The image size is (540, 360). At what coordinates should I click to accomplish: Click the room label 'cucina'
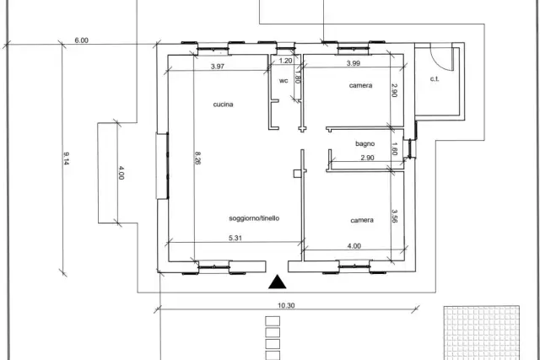click(x=223, y=105)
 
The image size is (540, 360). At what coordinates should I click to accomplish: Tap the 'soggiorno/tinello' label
click(x=254, y=218)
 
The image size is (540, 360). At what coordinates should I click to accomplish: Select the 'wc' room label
click(x=283, y=81)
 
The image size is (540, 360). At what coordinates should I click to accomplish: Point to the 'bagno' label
click(x=365, y=144)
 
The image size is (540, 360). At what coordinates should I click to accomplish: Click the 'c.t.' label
click(x=435, y=78)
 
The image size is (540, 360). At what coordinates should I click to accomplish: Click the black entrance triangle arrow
click(x=278, y=282)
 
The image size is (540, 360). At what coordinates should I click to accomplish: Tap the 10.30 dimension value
click(x=286, y=305)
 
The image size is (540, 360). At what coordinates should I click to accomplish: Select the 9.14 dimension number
click(x=67, y=159)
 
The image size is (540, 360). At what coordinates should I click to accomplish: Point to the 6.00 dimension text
click(x=82, y=40)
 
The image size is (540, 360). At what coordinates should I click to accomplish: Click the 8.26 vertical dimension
click(x=197, y=158)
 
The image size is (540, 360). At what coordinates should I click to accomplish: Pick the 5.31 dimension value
click(x=235, y=238)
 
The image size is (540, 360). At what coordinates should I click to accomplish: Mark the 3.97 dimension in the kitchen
click(x=218, y=67)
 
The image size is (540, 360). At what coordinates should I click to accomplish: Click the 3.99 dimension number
click(x=354, y=63)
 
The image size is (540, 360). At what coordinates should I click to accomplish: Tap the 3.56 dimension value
click(x=395, y=216)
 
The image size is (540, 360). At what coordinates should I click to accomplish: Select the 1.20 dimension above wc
click(x=285, y=61)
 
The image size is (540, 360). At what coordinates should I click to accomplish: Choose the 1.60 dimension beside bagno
click(x=395, y=149)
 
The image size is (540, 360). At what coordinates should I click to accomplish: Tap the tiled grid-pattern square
click(x=482, y=332)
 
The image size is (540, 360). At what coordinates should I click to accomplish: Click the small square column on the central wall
click(x=297, y=174)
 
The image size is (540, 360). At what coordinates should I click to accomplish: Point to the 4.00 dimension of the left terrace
click(x=121, y=173)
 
